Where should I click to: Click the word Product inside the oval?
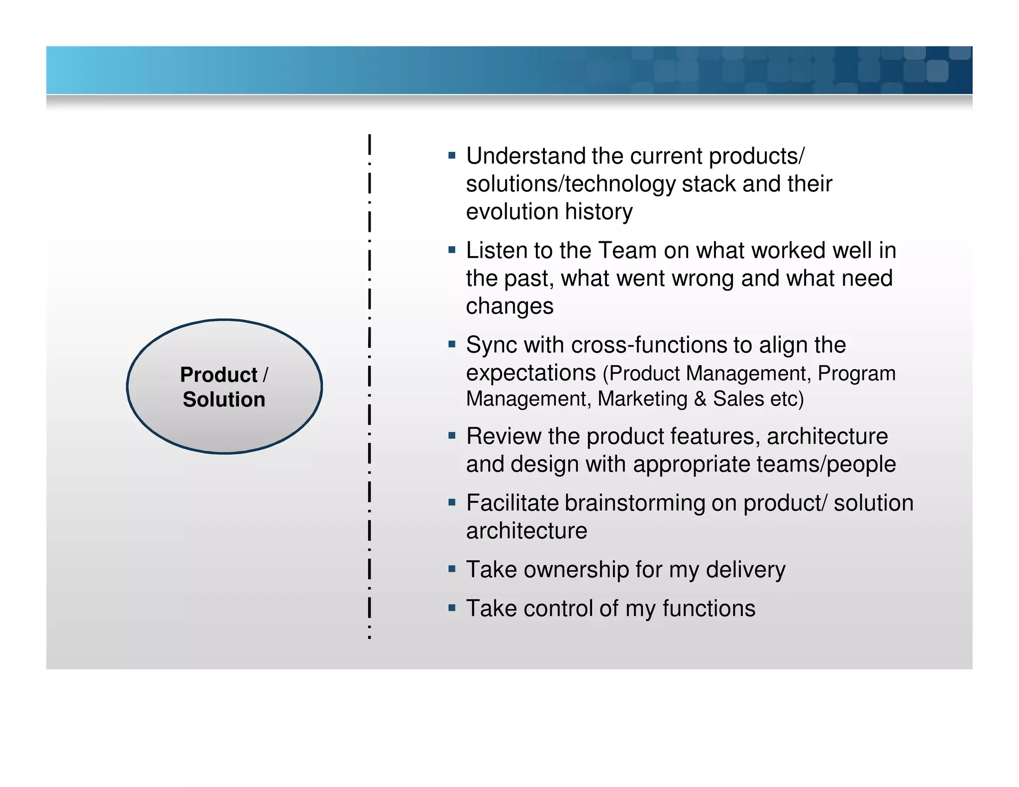218,375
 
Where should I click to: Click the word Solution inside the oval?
224,400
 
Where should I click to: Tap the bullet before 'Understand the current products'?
452,156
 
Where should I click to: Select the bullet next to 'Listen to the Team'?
452,250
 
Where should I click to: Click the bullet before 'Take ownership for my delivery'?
452,569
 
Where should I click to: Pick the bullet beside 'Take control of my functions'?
452,607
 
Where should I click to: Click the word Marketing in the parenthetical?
642,399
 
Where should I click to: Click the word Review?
503,437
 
